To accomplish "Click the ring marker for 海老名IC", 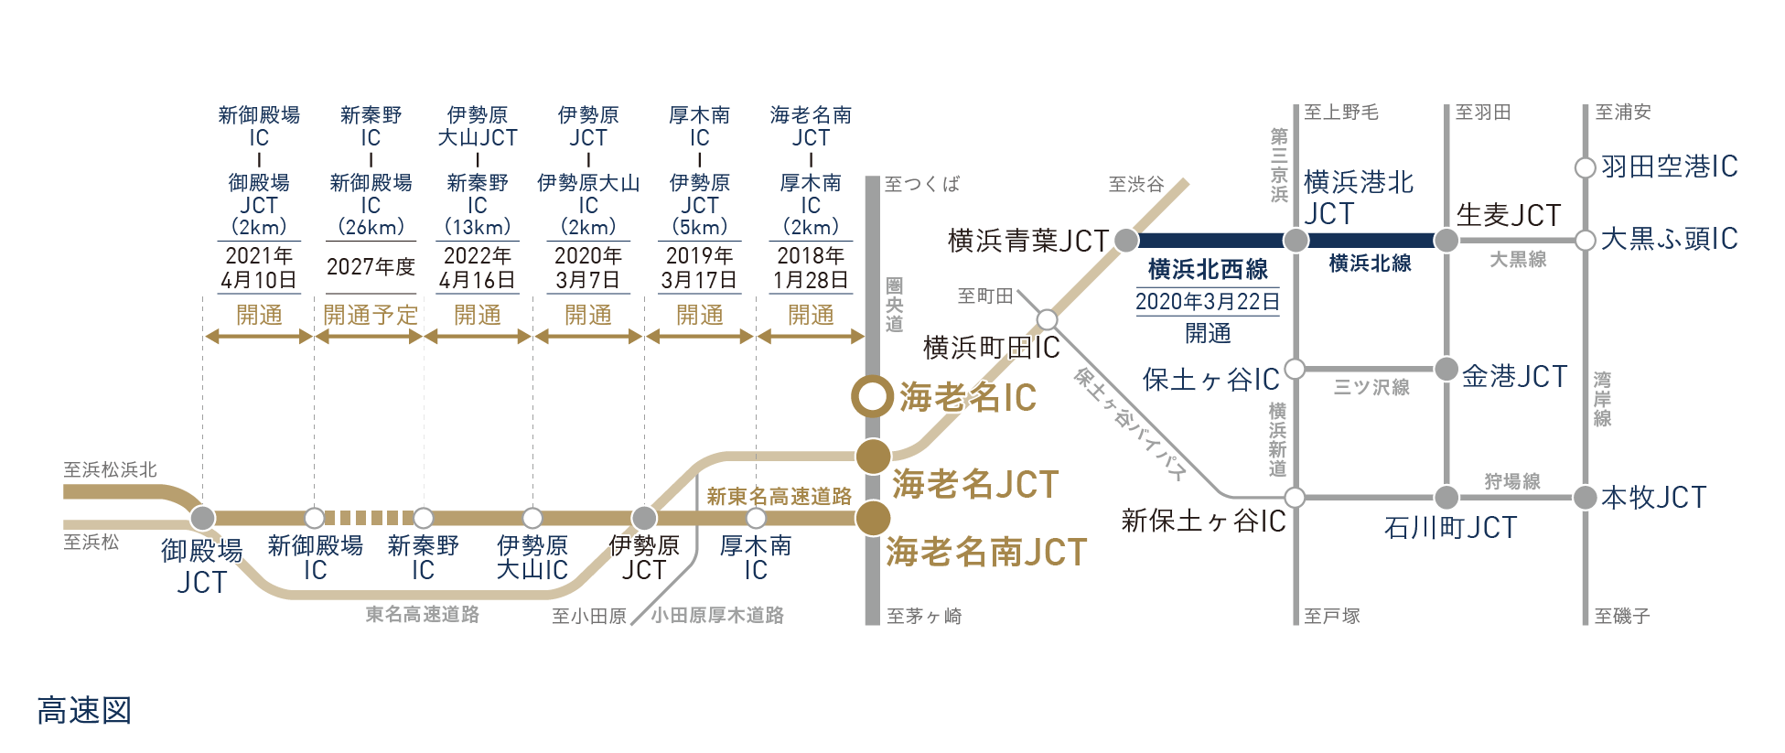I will (x=872, y=397).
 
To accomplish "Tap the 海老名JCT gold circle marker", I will (x=873, y=455).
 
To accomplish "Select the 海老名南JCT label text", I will (x=986, y=553).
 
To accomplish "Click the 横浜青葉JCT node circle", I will (x=1126, y=241).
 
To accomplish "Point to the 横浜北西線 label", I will (x=1208, y=270).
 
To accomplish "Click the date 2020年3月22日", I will (x=1208, y=301).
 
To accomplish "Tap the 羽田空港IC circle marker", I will (x=1585, y=168).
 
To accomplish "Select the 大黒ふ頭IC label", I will (x=1669, y=240).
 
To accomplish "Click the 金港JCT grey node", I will (x=1446, y=370).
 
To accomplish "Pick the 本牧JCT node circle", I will (x=1585, y=498).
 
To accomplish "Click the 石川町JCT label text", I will (x=1450, y=528).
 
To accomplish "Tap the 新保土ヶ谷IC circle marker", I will (x=1295, y=498).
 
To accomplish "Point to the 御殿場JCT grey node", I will (x=202, y=518).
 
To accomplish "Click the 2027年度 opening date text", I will (x=371, y=267).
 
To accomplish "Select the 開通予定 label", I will (x=371, y=316).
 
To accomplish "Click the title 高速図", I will (x=85, y=711).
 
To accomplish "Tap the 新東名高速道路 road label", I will (x=779, y=497).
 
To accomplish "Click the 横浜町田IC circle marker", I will (x=1047, y=319).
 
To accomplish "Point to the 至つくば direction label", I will (x=922, y=185).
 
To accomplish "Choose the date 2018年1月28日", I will (x=811, y=267).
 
